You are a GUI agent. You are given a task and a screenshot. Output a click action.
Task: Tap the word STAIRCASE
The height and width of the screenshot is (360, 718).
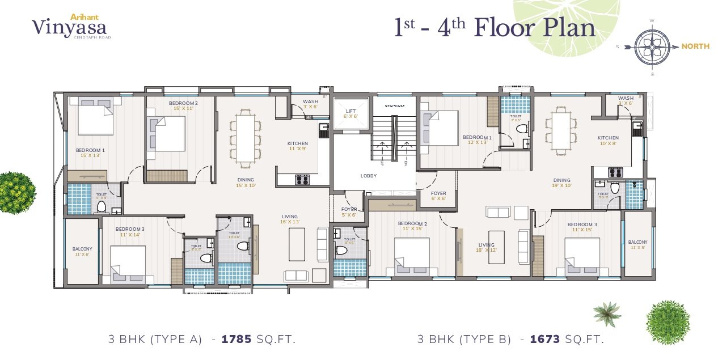coord(394,106)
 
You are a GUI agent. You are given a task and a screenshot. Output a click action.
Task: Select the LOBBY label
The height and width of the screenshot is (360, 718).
coord(369,176)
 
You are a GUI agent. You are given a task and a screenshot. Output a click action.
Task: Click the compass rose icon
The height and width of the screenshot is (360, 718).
coord(652,46)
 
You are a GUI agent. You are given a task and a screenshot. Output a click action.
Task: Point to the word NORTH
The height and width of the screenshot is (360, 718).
coord(695,46)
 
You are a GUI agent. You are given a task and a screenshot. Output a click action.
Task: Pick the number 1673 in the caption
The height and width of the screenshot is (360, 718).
coord(545,340)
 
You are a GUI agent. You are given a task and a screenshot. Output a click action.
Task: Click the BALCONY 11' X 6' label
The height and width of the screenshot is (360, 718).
coord(82,251)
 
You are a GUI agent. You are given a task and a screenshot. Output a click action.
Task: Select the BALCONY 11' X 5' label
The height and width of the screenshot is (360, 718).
coord(637,244)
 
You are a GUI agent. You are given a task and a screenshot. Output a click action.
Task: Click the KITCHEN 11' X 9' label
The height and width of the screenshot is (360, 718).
coord(298,146)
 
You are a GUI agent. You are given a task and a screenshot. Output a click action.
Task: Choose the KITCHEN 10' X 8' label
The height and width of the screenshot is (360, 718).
coord(608,141)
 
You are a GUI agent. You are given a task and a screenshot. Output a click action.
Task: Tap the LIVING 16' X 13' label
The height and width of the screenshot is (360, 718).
coord(290,219)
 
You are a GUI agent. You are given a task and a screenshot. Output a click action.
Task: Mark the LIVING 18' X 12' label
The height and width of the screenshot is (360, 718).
coord(487,248)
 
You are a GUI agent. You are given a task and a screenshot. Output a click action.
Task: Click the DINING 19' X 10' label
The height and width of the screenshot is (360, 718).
coord(562,183)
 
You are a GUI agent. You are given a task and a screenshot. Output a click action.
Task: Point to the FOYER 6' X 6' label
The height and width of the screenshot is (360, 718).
coord(438,196)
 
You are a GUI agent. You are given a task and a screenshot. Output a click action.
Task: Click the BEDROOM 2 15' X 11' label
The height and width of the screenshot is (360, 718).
coord(183,105)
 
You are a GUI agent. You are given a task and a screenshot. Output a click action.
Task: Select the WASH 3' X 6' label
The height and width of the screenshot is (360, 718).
coord(310,104)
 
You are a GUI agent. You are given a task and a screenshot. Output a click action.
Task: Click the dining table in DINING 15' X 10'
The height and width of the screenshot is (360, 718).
coord(245,138)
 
